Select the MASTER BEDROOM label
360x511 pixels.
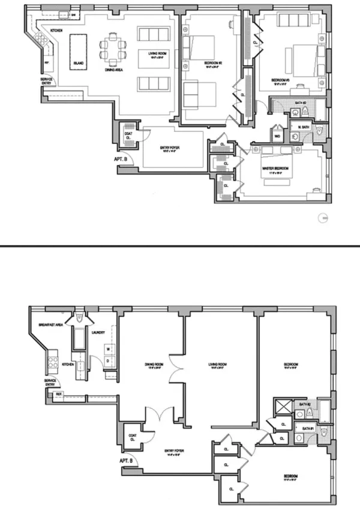(x=275, y=169)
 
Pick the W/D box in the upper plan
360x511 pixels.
(x=278, y=136)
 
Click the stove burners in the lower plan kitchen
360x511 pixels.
(x=52, y=362)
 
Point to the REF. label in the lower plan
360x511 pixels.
(x=59, y=394)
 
